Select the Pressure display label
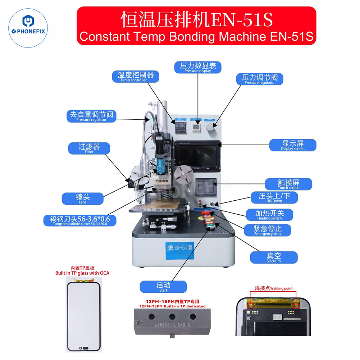[x=198, y=67]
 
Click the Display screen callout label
[x=292, y=145]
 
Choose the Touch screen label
[x=288, y=184]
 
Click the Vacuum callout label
[x=274, y=257]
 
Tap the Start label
[x=163, y=287]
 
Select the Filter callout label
[x=89, y=148]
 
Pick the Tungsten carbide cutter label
[x=80, y=220]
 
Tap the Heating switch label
[x=269, y=215]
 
